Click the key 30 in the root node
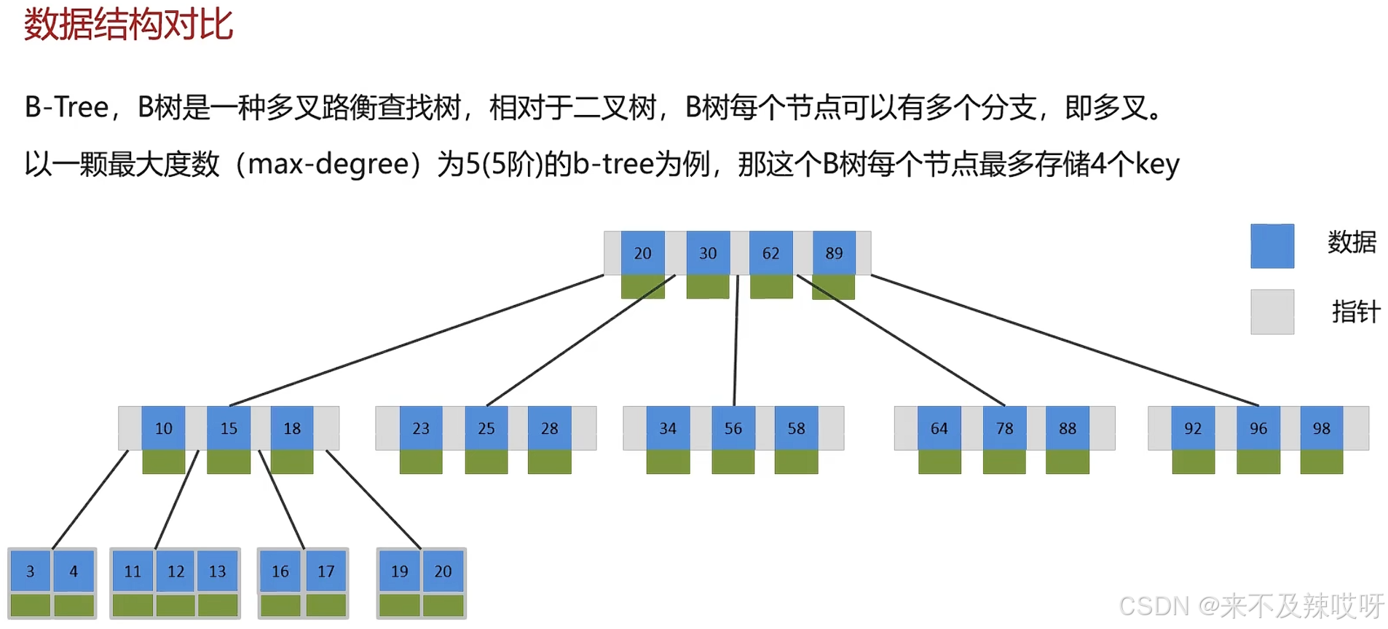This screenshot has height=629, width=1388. pyautogui.click(x=708, y=253)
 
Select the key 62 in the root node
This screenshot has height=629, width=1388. pyautogui.click(x=770, y=253)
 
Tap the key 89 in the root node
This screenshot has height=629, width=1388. pyautogui.click(x=834, y=253)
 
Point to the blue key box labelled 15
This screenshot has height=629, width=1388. pyautogui.click(x=229, y=428)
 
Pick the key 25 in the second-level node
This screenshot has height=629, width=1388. pyautogui.click(x=486, y=428)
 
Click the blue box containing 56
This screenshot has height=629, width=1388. pyautogui.click(x=733, y=428)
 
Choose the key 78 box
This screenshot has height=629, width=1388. pyautogui.click(x=1004, y=428)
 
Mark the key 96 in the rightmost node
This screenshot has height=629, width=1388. pyautogui.click(x=1258, y=428)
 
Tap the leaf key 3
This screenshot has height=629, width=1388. pyautogui.click(x=30, y=571)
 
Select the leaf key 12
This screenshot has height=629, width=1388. pyautogui.click(x=176, y=571)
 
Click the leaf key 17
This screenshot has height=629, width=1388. pyautogui.click(x=326, y=571)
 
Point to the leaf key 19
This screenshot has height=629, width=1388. pyautogui.click(x=399, y=571)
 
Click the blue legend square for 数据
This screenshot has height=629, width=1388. pyautogui.click(x=1272, y=246)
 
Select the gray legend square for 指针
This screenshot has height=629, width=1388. pyautogui.click(x=1272, y=312)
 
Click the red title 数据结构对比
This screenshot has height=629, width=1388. pyautogui.click(x=128, y=25)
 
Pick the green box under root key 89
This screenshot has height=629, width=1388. pyautogui.click(x=834, y=288)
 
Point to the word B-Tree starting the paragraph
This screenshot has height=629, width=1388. pyautogui.click(x=66, y=107)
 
